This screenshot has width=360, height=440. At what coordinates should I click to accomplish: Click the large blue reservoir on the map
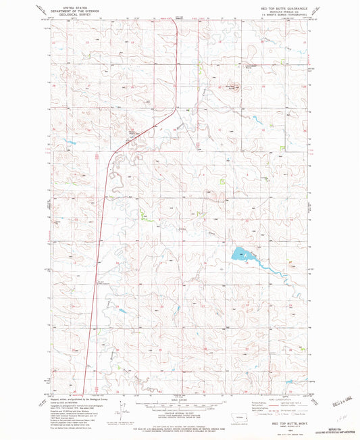[x=239, y=254]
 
